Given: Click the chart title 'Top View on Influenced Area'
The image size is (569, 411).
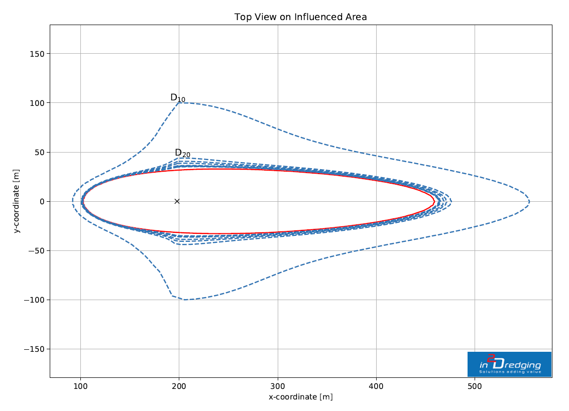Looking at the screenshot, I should click(300, 17).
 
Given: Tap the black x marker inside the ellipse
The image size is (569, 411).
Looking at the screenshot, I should click(177, 201).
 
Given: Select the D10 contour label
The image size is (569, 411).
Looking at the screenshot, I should click(178, 98).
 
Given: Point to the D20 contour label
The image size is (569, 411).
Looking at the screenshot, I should click(182, 153).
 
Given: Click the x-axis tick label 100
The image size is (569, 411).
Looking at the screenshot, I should click(80, 386).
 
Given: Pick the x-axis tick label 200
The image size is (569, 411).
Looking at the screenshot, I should click(179, 386).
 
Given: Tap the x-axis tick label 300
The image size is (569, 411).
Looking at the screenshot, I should click(278, 386).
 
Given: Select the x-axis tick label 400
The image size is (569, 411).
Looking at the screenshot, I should click(376, 386).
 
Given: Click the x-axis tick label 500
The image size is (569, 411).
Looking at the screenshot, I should click(475, 386).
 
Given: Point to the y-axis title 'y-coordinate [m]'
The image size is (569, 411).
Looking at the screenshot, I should click(17, 201).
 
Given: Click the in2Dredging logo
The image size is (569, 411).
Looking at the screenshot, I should click(509, 364).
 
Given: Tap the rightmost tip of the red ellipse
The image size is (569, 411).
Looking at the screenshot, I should click(434, 201).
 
